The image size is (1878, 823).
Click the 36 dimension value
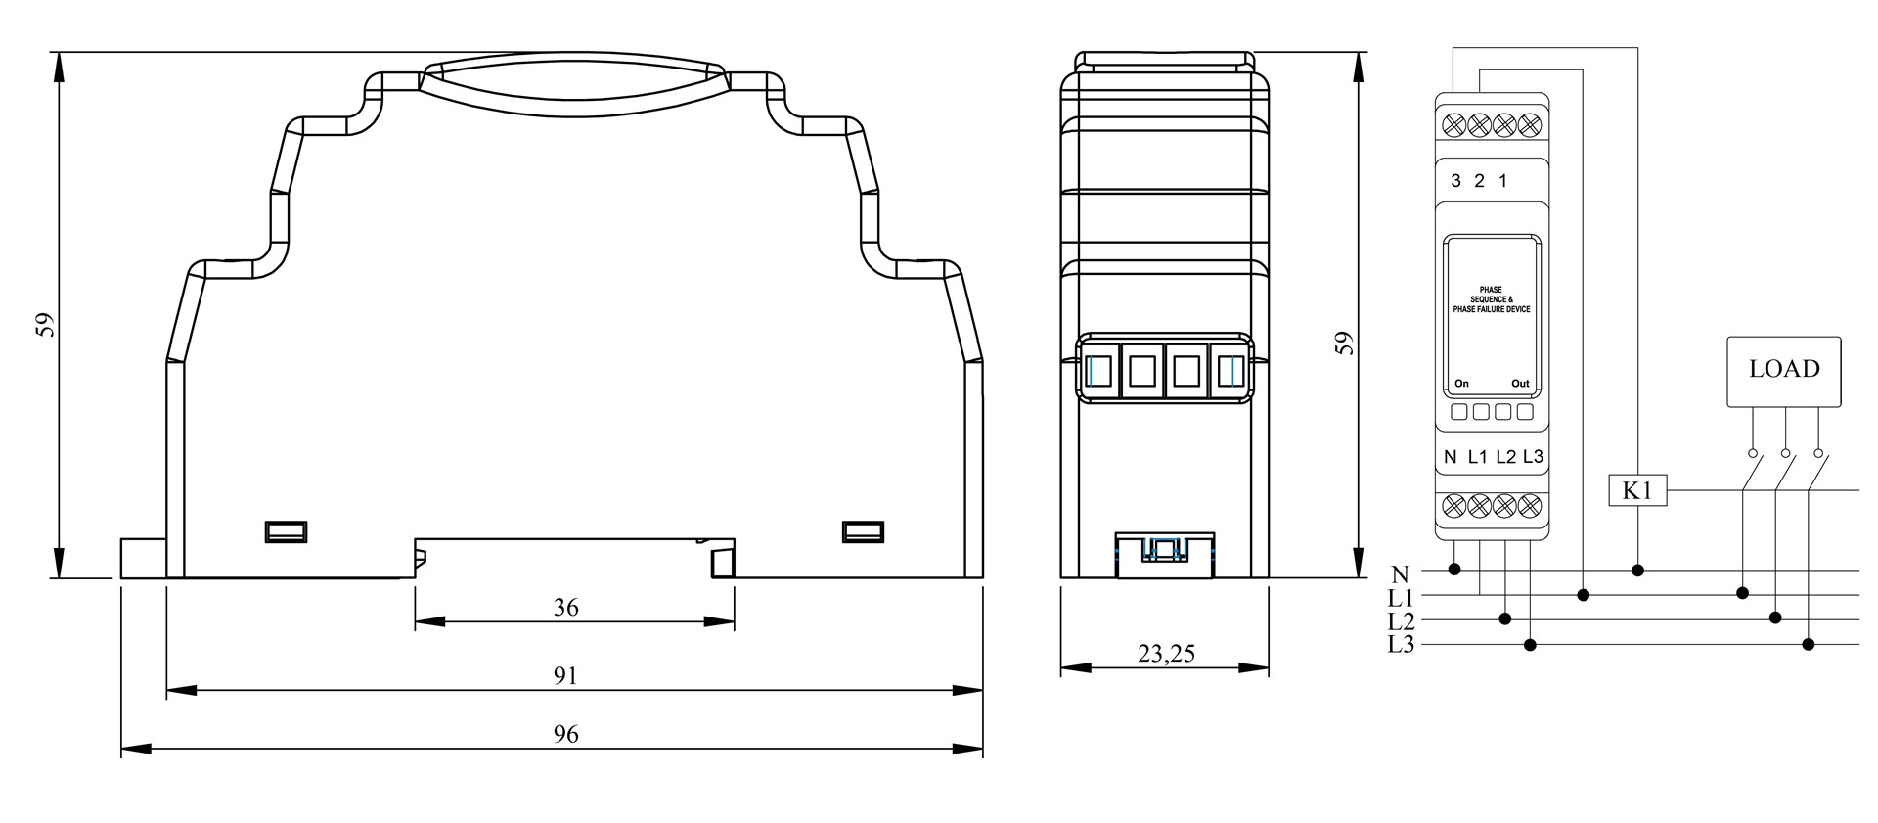[x=566, y=608]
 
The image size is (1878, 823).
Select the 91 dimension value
[x=566, y=675]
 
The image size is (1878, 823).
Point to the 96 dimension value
[x=566, y=734]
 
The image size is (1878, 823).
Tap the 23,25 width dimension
[x=1166, y=654]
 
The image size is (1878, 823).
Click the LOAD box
[x=1784, y=372]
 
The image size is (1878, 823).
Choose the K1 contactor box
[x=1637, y=490]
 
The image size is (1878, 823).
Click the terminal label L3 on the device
[x=1533, y=457]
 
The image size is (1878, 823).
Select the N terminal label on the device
[x=1451, y=457]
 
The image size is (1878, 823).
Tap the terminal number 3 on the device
[x=1456, y=181]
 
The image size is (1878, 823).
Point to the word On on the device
[x=1461, y=384]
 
